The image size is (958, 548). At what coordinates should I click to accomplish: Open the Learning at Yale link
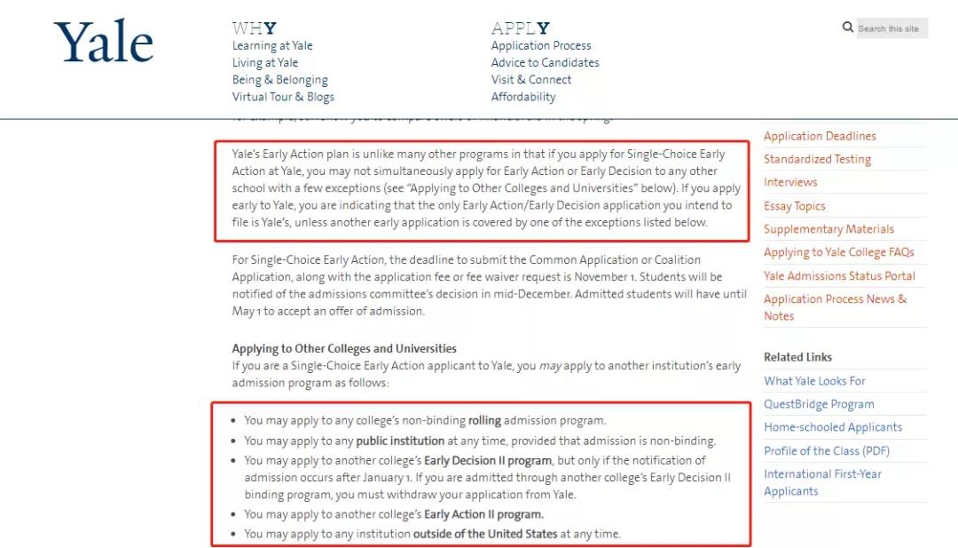pyautogui.click(x=272, y=45)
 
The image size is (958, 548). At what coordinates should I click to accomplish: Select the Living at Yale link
pyautogui.click(x=265, y=62)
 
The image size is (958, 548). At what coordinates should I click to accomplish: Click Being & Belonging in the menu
pyautogui.click(x=279, y=79)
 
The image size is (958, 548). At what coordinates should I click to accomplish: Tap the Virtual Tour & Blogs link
pyautogui.click(x=283, y=97)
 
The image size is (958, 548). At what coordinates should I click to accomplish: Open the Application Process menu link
pyautogui.click(x=541, y=45)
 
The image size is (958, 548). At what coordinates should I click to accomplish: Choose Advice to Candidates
pyautogui.click(x=545, y=62)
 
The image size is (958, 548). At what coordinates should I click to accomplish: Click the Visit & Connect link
pyautogui.click(x=531, y=79)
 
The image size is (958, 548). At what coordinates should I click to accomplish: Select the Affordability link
pyautogui.click(x=523, y=97)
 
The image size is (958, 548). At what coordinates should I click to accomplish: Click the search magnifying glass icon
pyautogui.click(x=848, y=28)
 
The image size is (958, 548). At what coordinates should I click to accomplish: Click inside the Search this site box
pyautogui.click(x=890, y=28)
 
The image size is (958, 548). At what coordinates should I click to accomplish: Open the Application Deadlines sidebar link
pyautogui.click(x=820, y=136)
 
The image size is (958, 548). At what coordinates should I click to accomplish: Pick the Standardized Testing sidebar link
pyautogui.click(x=817, y=159)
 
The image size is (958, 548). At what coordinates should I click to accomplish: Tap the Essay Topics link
pyautogui.click(x=794, y=206)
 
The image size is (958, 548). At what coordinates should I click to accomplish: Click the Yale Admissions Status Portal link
pyautogui.click(x=839, y=275)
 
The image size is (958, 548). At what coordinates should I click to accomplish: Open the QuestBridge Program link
pyautogui.click(x=819, y=404)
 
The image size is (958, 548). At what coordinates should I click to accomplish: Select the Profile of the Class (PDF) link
pyautogui.click(x=826, y=450)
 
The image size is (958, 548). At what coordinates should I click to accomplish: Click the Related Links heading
pyautogui.click(x=797, y=357)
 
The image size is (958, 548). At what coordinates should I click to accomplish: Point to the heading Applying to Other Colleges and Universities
pyautogui.click(x=344, y=348)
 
